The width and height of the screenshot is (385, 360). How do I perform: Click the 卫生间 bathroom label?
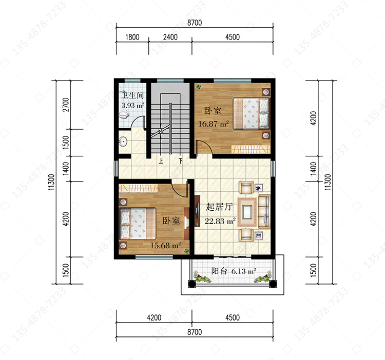[x=132, y=95]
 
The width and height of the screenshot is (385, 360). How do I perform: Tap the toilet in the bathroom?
[x=124, y=114]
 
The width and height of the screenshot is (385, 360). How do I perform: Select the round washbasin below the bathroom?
[x=123, y=141]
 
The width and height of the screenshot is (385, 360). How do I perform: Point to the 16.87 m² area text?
[x=214, y=124]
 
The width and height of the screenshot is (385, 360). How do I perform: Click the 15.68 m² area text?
[x=166, y=245]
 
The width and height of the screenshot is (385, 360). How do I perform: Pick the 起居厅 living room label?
[x=219, y=207]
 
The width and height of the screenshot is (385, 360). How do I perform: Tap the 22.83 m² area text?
[x=220, y=221]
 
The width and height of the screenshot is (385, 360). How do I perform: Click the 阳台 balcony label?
[x=219, y=271]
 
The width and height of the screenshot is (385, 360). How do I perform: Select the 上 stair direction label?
[x=161, y=161]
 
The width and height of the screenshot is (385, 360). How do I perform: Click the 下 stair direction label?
[x=181, y=161]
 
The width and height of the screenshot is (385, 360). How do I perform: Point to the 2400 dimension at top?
[x=170, y=37]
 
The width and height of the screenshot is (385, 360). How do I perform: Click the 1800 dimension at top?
[x=132, y=37]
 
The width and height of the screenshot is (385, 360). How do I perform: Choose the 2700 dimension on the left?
[x=66, y=105]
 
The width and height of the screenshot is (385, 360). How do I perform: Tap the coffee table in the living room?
[x=247, y=211]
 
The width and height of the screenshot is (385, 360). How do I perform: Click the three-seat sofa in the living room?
[x=264, y=211]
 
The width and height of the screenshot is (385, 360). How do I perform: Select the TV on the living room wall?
[x=197, y=210]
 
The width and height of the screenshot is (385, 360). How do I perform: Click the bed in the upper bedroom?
[x=251, y=113]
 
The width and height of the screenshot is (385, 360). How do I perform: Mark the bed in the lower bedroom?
[x=138, y=224]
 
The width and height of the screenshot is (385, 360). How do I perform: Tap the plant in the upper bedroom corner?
[x=198, y=87]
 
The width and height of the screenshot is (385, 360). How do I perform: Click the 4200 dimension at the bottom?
[x=154, y=317]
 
